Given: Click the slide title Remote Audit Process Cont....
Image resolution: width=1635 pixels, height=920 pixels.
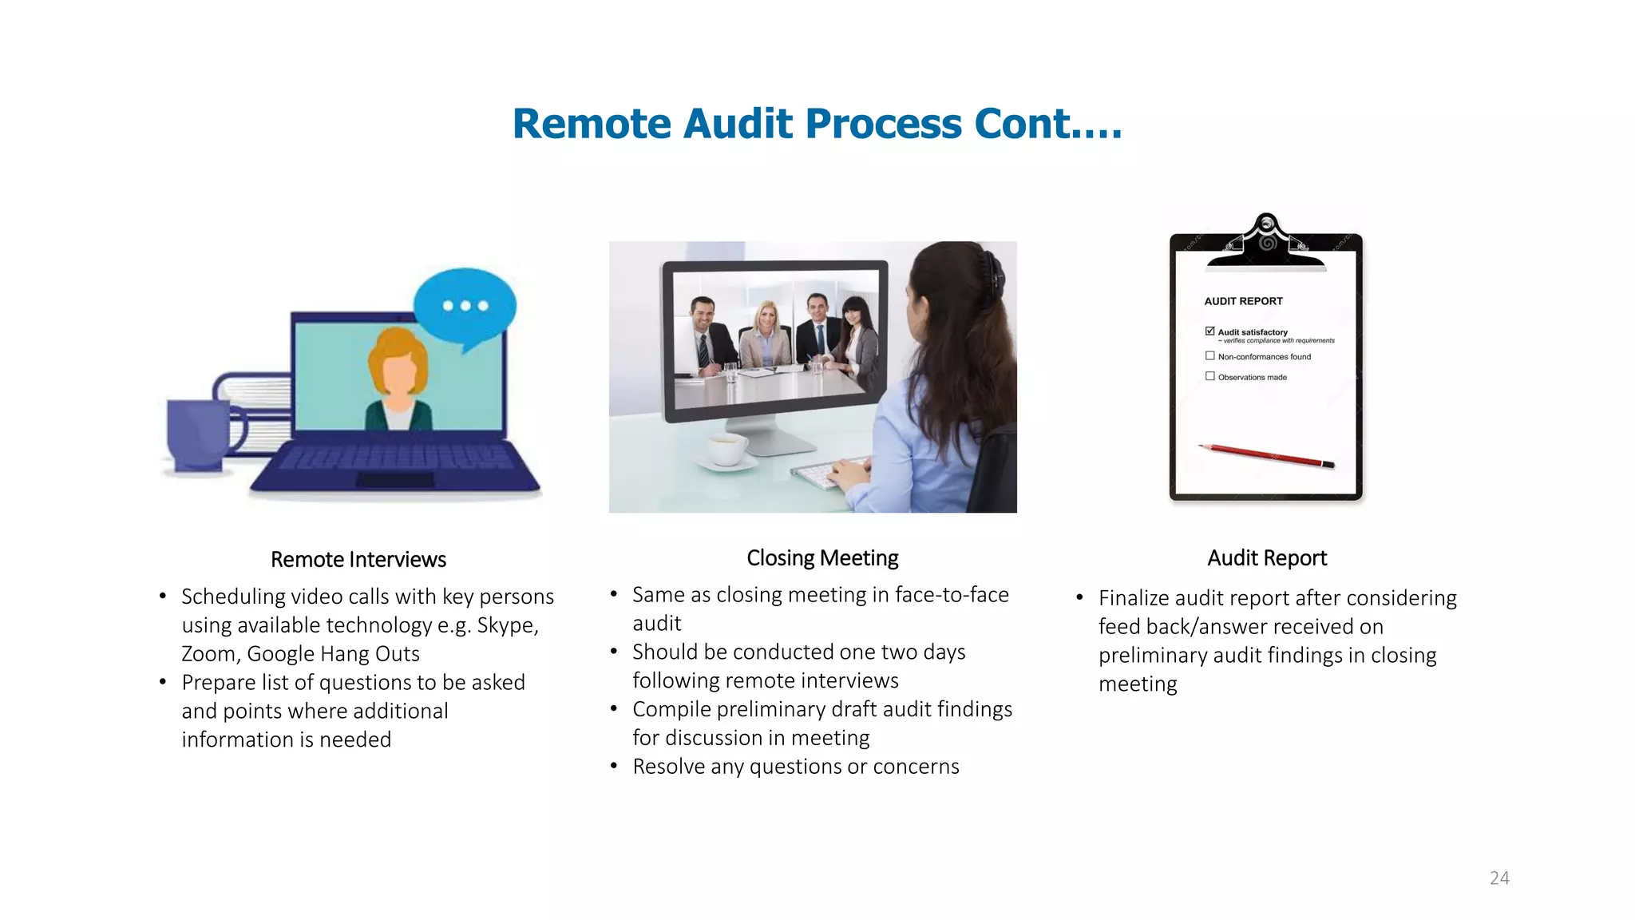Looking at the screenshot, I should pos(817,125).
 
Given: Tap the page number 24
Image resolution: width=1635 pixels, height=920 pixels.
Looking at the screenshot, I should pos(1499,878).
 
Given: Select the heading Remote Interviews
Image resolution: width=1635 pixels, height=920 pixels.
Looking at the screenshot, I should pos(358,559).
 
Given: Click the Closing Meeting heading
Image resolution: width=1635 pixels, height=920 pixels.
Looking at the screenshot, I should pos(822,557).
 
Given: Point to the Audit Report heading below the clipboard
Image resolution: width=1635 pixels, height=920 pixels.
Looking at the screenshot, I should pos(1267,557).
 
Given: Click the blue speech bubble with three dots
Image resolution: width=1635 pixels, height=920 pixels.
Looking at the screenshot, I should pos(465,307).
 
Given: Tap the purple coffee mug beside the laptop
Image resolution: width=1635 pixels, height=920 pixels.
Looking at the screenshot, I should pos(196,434).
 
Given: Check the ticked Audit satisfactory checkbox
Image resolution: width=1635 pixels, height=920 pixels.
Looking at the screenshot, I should pos(1210,331).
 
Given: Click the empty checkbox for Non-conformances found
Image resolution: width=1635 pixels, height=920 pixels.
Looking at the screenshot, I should pos(1210,356).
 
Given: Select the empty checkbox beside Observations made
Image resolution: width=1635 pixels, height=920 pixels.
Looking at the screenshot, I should pos(1210,376).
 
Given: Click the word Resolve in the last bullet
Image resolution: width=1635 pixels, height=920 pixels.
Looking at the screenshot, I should pos(668,767).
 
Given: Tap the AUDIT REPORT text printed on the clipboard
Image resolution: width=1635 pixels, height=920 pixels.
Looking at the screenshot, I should pos(1243,301).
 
